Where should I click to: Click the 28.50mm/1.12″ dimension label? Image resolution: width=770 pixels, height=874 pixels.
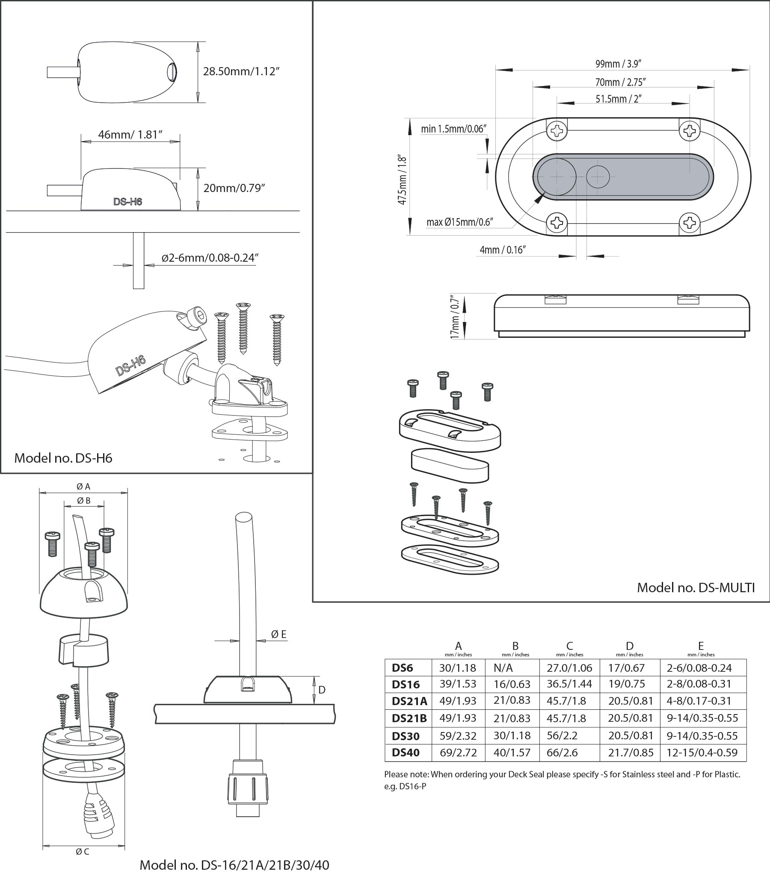click(x=241, y=71)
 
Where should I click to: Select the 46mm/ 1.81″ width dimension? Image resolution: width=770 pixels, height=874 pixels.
click(x=130, y=135)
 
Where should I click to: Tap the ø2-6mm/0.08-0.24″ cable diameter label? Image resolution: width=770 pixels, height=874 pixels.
click(x=210, y=258)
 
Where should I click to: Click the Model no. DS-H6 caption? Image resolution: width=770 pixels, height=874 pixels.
click(x=63, y=458)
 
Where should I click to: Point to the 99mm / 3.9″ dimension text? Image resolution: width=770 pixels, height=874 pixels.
click(x=618, y=64)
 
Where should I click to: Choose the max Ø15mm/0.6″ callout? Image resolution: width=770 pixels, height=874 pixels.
click(x=460, y=222)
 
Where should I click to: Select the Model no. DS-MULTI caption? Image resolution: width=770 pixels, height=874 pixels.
click(x=696, y=588)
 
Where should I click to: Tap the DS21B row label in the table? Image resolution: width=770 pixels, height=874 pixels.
click(x=409, y=718)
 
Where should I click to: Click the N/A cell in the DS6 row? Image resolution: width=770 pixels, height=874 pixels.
click(x=503, y=667)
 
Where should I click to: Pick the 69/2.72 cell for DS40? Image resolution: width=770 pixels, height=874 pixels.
click(x=458, y=753)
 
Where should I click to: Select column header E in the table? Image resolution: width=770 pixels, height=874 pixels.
click(x=701, y=646)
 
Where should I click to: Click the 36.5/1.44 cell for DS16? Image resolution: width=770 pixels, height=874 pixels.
click(x=569, y=684)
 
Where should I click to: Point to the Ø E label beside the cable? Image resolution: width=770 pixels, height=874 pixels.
click(x=278, y=635)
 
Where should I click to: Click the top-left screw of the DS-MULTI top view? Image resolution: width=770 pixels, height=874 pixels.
click(x=557, y=130)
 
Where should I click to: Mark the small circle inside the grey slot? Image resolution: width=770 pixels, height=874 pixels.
click(x=598, y=177)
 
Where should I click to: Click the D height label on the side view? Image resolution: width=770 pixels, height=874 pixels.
click(x=322, y=689)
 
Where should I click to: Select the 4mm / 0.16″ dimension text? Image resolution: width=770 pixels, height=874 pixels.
click(x=502, y=250)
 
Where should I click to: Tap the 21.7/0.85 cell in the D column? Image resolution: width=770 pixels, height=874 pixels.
click(x=631, y=753)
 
